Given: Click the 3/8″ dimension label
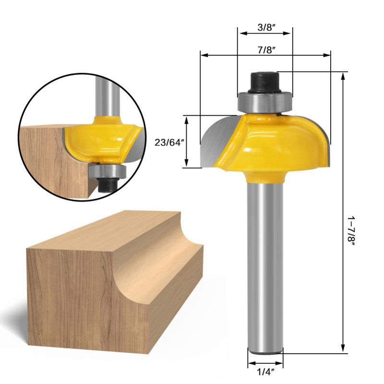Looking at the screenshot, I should (x=265, y=27).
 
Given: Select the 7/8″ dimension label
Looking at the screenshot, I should (x=265, y=49).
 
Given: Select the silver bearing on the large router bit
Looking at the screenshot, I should (x=265, y=102).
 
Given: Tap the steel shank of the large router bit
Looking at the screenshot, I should (x=265, y=264).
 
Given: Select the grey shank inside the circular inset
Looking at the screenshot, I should (x=103, y=96).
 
